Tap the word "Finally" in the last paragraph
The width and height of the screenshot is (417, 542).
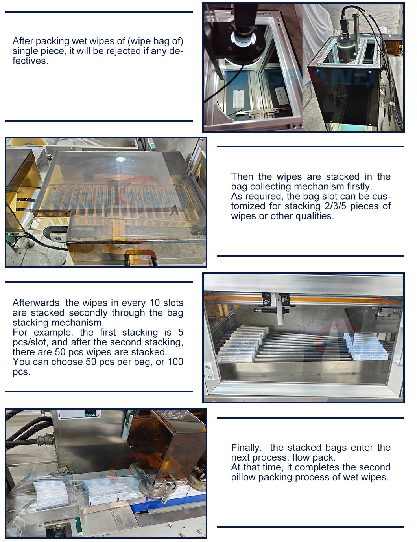click(x=246, y=448)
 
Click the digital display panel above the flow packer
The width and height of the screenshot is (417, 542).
click(x=91, y=413)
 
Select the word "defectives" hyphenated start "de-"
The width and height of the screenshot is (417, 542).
click(x=176, y=51)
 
